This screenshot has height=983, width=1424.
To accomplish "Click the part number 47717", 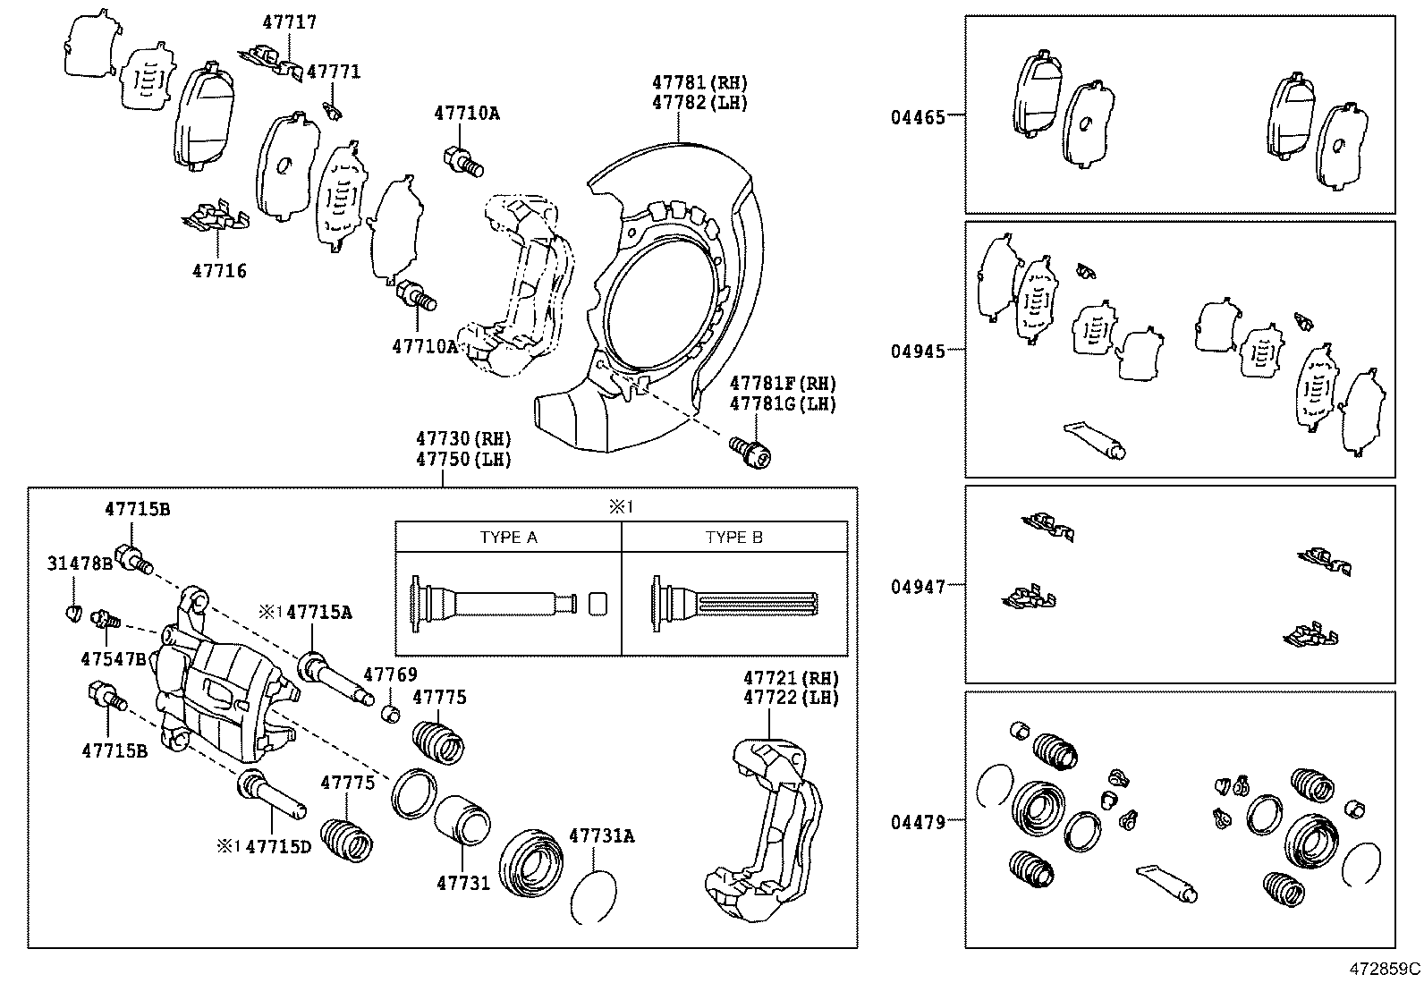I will click(x=289, y=22).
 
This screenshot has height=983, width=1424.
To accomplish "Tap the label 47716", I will click(x=219, y=270).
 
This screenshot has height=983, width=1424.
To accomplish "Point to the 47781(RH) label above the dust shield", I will click(x=699, y=82).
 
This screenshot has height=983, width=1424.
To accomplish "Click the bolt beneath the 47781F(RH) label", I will click(x=750, y=452).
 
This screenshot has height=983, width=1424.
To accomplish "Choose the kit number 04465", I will click(x=917, y=116).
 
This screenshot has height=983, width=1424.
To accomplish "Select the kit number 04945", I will click(x=917, y=351).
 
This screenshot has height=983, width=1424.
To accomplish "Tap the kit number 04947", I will click(x=917, y=587).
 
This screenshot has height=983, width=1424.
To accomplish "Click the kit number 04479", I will click(x=917, y=821).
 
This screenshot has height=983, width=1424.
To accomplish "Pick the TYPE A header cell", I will click(x=508, y=538).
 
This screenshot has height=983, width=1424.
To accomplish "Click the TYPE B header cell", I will click(x=733, y=538).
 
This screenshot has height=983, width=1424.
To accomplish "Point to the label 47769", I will click(x=390, y=674).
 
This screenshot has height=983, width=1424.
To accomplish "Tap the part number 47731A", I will click(x=601, y=835).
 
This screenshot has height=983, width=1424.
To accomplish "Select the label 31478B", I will click(x=80, y=564).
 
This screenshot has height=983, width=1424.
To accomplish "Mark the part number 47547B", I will click(x=113, y=658).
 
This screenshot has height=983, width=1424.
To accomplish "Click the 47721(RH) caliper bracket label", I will click(x=791, y=678).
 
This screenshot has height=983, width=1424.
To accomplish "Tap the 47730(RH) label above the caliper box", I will click(x=462, y=439).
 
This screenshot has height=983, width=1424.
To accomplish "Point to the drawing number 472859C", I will click(x=1385, y=968).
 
